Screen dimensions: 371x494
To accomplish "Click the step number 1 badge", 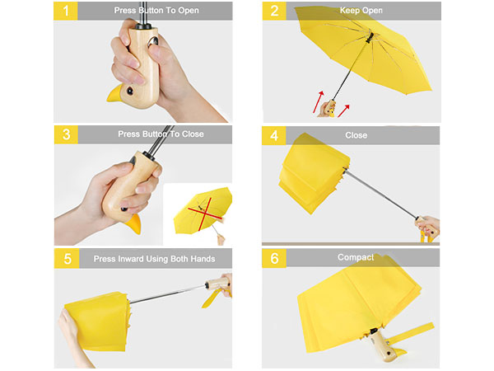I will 66,12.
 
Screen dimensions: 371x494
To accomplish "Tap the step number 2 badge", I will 274,12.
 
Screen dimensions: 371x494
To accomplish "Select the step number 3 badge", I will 66,134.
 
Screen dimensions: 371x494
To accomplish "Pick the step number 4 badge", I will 274,134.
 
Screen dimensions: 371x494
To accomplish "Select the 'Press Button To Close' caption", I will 161,134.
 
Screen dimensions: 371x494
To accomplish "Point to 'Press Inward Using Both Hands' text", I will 155,259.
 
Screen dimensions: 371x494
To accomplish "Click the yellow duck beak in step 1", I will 116,97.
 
